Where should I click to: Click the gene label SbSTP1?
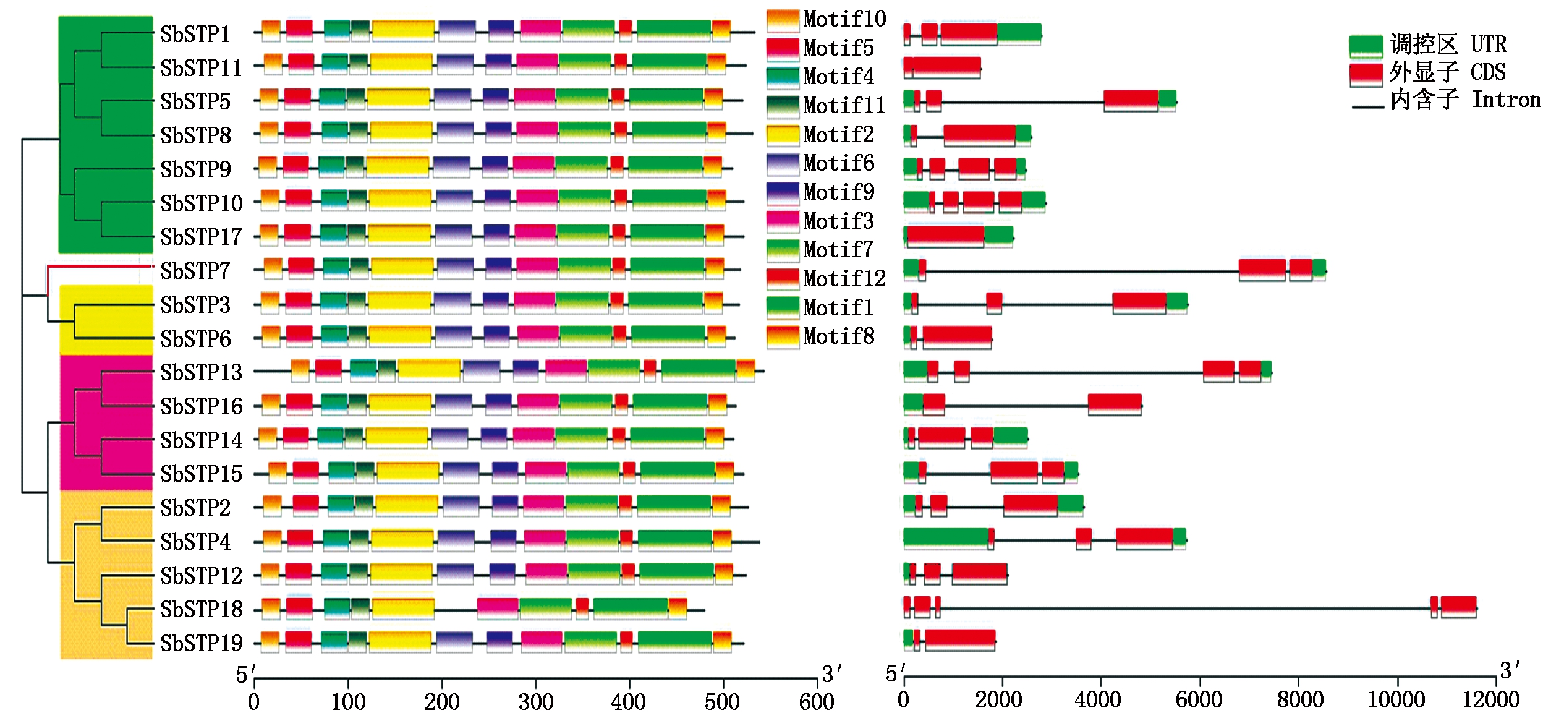pyautogui.click(x=195, y=34)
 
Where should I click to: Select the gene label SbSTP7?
pyautogui.click(x=195, y=271)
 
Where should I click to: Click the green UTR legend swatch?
pyautogui.click(x=1366, y=45)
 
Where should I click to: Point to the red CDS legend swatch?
pyautogui.click(x=1366, y=74)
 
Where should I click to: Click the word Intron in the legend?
pyautogui.click(x=1506, y=100)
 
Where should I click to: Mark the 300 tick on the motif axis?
pyautogui.click(x=535, y=701)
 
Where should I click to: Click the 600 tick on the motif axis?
pyautogui.click(x=817, y=701)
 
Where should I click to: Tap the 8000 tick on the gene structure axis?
pyautogui.click(x=1299, y=699)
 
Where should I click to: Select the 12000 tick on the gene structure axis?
pyautogui.click(x=1491, y=699)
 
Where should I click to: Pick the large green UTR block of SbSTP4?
pyautogui.click(x=945, y=539)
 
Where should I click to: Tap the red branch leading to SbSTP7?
pyautogui.click(x=99, y=267)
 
